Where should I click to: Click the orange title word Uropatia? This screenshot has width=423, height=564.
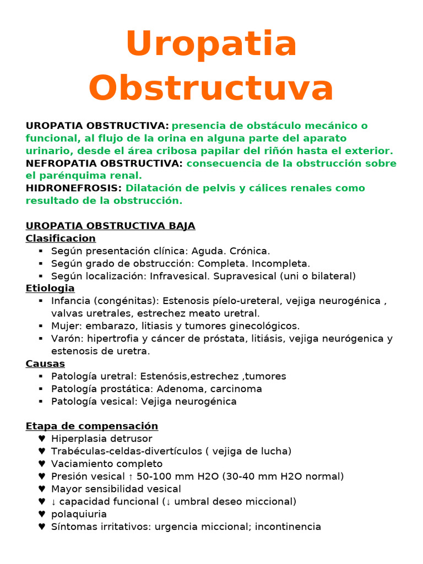[x=211, y=45]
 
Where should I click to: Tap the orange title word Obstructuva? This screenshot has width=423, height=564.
[x=211, y=88]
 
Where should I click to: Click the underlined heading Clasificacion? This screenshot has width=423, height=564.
[x=61, y=238]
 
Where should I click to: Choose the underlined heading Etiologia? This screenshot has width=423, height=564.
[x=50, y=289]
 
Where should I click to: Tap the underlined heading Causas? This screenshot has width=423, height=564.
[x=45, y=364]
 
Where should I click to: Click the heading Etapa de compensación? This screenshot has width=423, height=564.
[x=92, y=426]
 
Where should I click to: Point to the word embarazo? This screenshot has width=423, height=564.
[x=107, y=326]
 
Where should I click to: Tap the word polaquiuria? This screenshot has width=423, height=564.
[x=79, y=514]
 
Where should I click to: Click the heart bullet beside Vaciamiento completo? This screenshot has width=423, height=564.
[x=42, y=464]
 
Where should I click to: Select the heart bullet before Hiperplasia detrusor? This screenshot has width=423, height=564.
[x=42, y=439]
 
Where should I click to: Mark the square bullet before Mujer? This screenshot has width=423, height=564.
[x=41, y=326]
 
